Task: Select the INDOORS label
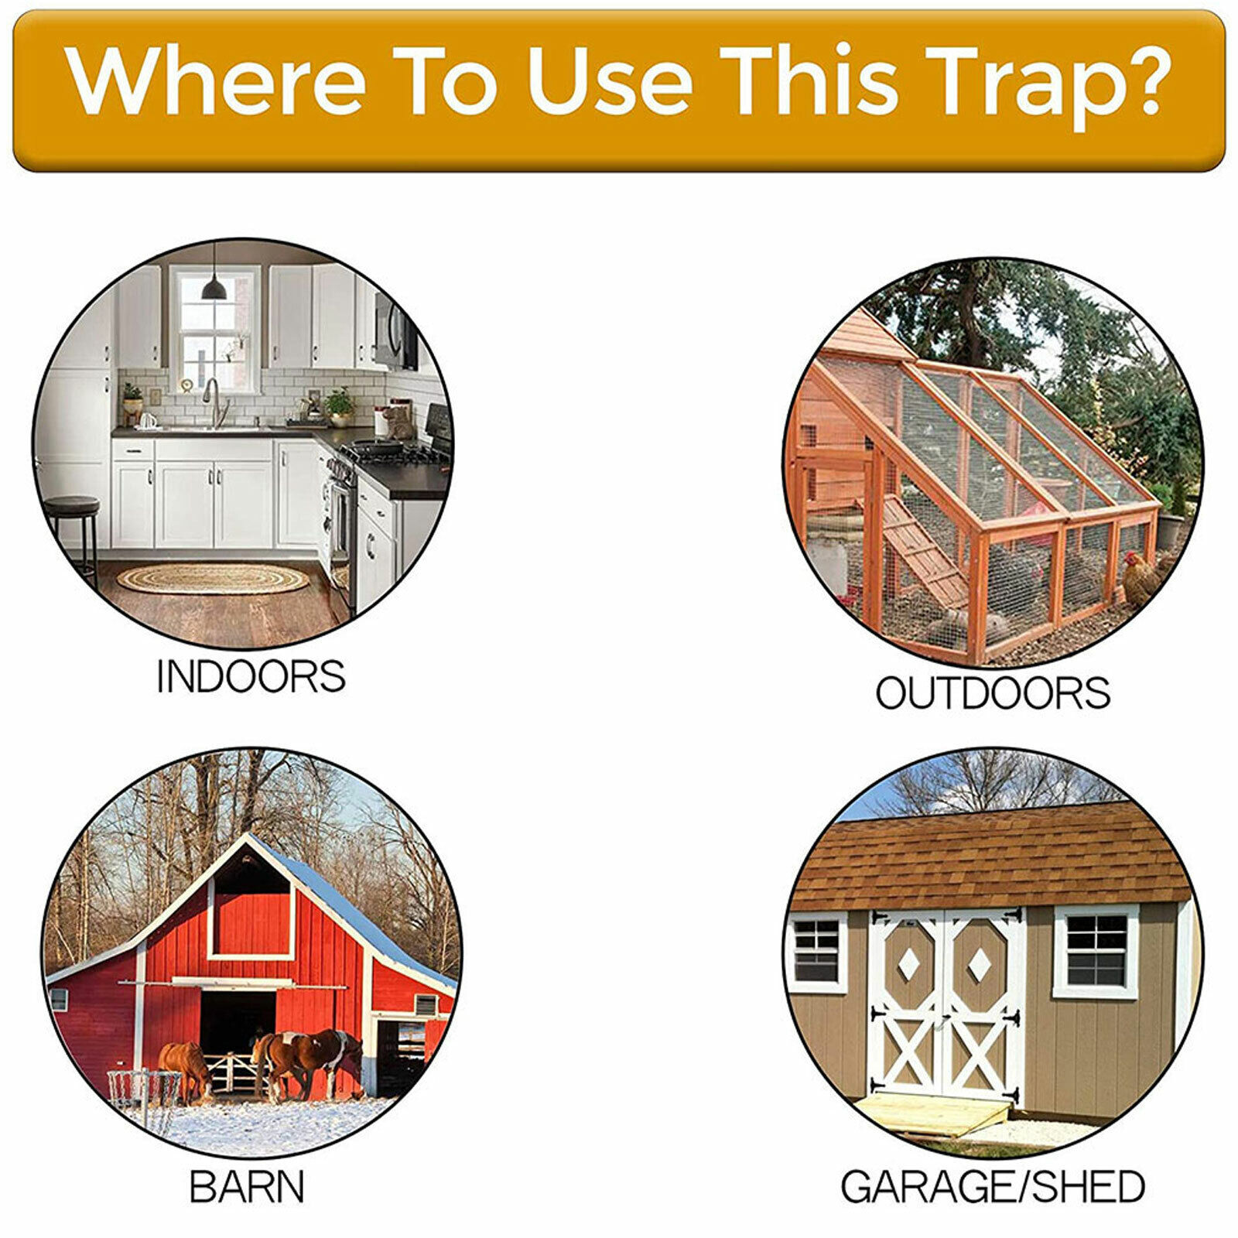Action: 251,676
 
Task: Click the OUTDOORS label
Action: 993,693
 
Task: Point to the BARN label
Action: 247,1186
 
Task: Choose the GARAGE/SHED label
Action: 993,1186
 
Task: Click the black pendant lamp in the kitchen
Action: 214,288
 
